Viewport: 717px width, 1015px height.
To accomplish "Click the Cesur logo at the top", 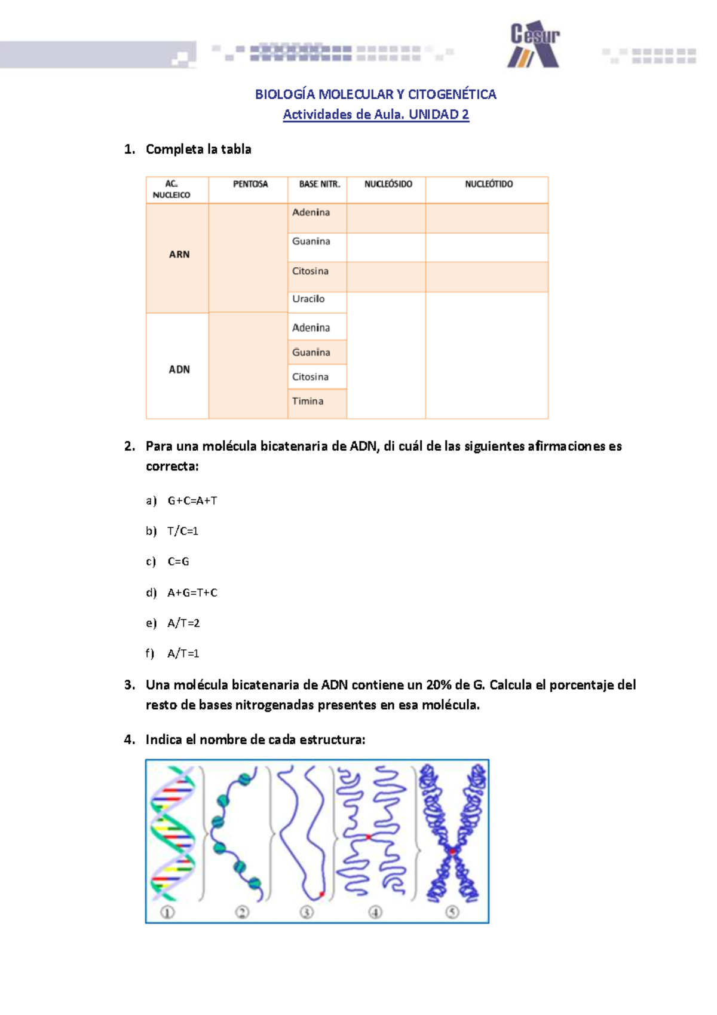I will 534,45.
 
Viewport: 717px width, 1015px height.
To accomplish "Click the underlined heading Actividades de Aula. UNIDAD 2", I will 376,115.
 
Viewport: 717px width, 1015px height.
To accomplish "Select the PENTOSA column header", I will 250,184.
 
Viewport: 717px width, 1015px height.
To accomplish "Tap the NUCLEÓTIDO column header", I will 488,184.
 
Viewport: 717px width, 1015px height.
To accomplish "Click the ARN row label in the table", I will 179,255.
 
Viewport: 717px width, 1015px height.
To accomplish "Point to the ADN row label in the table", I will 179,369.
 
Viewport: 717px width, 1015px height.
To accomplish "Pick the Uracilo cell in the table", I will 308,299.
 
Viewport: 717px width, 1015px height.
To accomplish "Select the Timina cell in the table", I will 308,401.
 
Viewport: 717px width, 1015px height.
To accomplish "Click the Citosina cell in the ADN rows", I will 310,377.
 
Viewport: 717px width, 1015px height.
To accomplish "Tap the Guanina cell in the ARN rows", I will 311,241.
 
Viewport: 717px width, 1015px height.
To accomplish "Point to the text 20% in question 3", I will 439,685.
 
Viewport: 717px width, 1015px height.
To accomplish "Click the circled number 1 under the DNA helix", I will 167,912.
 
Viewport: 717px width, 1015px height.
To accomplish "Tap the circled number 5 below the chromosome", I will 452,912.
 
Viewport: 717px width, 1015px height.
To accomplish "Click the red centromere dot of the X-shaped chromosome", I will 453,851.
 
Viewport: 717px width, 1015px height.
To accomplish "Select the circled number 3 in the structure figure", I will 307,912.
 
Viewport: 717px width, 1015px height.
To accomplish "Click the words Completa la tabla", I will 198,149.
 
